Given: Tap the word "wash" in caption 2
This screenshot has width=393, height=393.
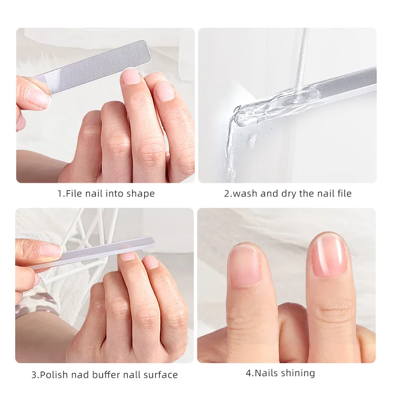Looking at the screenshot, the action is coord(243,194).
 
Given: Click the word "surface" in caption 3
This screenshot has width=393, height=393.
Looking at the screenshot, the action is coord(160,375).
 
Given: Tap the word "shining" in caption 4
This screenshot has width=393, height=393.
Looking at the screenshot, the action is coord(298,373).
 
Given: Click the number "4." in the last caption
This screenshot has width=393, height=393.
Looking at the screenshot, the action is coord(250,373).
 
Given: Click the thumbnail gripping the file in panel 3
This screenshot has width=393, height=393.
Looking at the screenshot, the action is coord(50,250).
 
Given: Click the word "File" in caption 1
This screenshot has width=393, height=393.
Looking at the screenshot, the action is coord(74,194).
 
